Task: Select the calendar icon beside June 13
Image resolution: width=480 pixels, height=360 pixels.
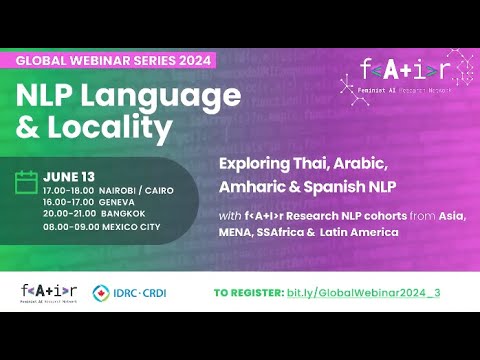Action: (x=27, y=182)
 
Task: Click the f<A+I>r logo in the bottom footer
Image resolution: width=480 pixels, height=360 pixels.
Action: (x=48, y=291)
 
